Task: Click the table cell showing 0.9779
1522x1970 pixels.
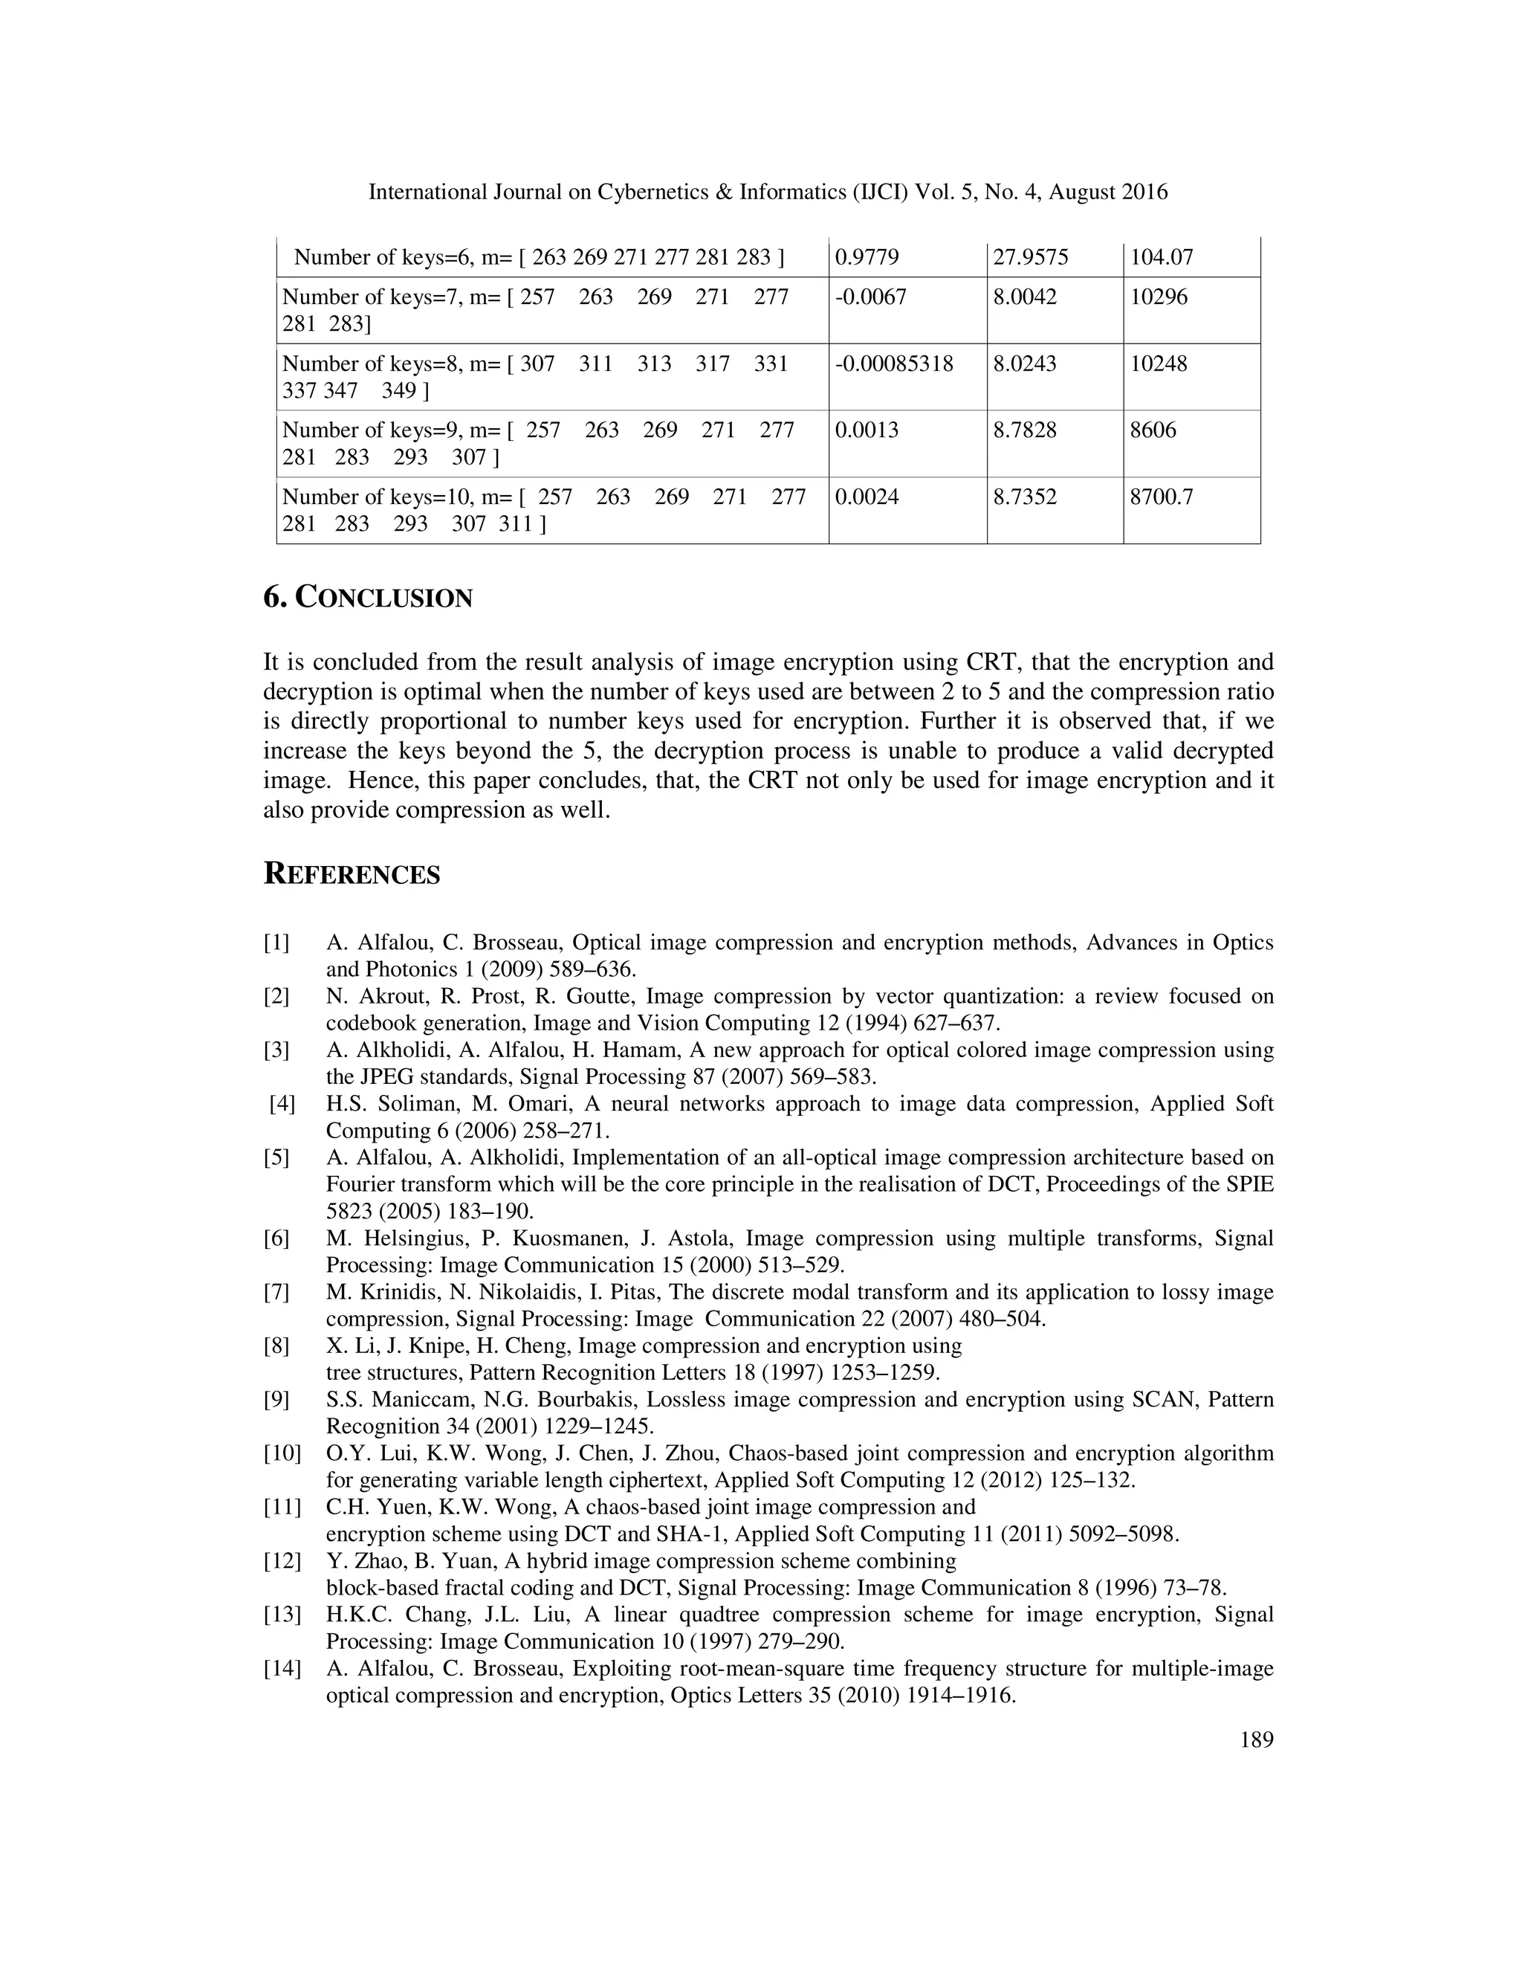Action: tap(867, 258)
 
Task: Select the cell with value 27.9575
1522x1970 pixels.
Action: tap(1030, 258)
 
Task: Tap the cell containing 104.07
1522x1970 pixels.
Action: tap(1162, 258)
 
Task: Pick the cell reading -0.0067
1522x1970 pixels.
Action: tap(870, 297)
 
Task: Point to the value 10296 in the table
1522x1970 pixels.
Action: tap(1159, 297)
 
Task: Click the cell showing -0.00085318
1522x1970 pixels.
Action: tap(893, 364)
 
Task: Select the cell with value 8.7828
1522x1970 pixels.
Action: tap(1024, 430)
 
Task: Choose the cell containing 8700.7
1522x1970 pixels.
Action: tap(1162, 497)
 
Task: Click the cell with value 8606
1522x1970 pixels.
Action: tap(1153, 430)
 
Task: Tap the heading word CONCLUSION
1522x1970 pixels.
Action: tap(384, 598)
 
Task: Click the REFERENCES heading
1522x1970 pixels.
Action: tap(352, 875)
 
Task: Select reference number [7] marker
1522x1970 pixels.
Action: tap(276, 1293)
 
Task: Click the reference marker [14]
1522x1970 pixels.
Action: tap(282, 1669)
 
